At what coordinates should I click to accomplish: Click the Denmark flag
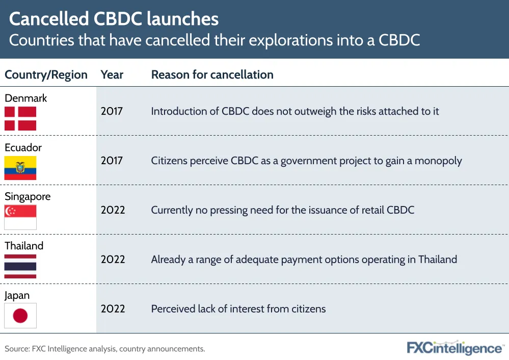(20, 119)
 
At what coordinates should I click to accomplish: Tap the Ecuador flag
(20, 168)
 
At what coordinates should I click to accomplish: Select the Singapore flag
(20, 217)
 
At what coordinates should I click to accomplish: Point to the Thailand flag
(20, 266)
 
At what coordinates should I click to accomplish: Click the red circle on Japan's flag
(20, 316)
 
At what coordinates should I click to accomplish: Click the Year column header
(112, 75)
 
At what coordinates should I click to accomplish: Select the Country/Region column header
(46, 75)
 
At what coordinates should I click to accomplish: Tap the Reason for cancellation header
(212, 75)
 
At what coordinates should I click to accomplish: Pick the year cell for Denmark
(112, 111)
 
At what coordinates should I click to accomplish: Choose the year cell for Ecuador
(112, 161)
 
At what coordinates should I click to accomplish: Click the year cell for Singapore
(113, 210)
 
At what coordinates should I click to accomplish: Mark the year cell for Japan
(113, 308)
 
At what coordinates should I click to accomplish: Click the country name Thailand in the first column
(24, 246)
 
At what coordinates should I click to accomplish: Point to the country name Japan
(17, 296)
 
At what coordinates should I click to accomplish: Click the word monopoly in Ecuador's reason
(438, 161)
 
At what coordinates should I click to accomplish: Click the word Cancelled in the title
(49, 19)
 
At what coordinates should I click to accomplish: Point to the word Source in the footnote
(17, 349)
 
